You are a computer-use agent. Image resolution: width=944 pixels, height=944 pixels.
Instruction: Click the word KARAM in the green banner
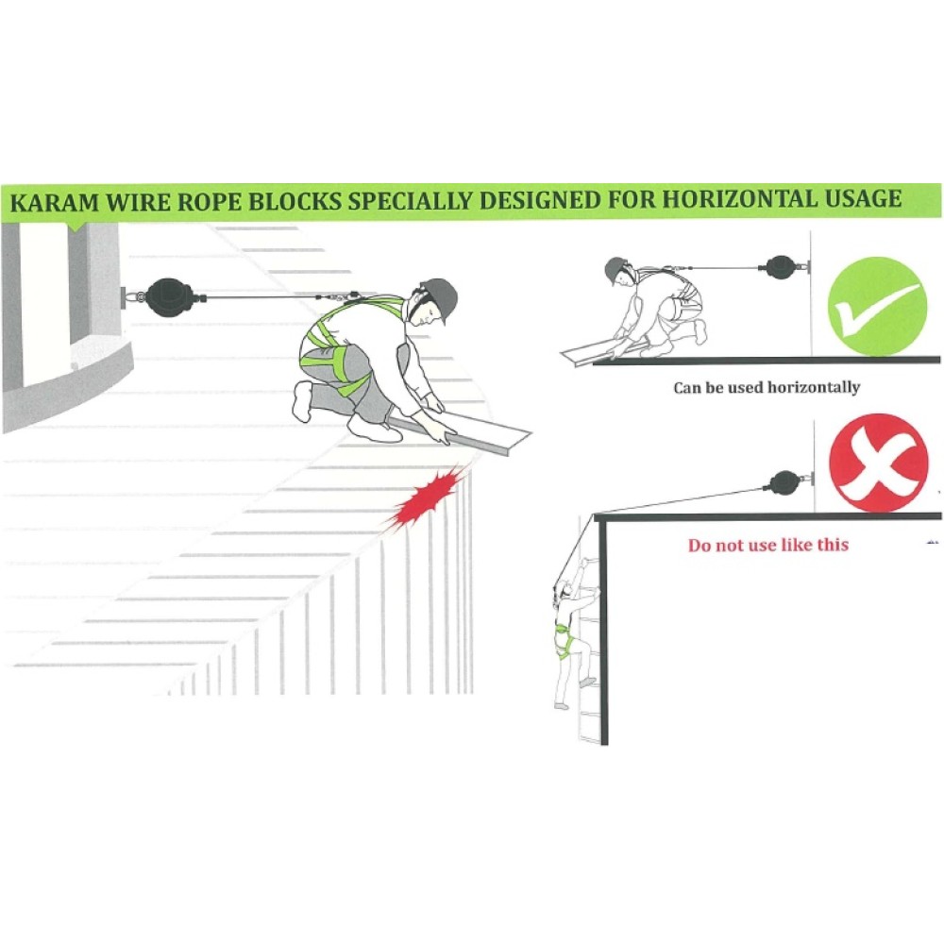coord(54,202)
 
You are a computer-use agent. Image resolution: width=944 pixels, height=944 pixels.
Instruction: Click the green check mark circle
coord(877,307)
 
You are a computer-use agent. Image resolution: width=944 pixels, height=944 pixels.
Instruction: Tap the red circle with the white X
coord(878,463)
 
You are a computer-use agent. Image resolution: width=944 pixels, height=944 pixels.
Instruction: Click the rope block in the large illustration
coord(168,297)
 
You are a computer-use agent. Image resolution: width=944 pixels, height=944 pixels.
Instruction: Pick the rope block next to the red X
coord(788,481)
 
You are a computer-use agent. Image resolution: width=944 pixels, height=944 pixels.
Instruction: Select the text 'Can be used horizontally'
coord(766,387)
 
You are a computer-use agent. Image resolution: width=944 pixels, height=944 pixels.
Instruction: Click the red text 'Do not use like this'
coord(768,545)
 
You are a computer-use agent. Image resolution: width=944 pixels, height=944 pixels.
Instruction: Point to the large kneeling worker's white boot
coord(303,401)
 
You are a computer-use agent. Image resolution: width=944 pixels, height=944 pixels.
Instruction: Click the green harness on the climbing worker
coord(565,639)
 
